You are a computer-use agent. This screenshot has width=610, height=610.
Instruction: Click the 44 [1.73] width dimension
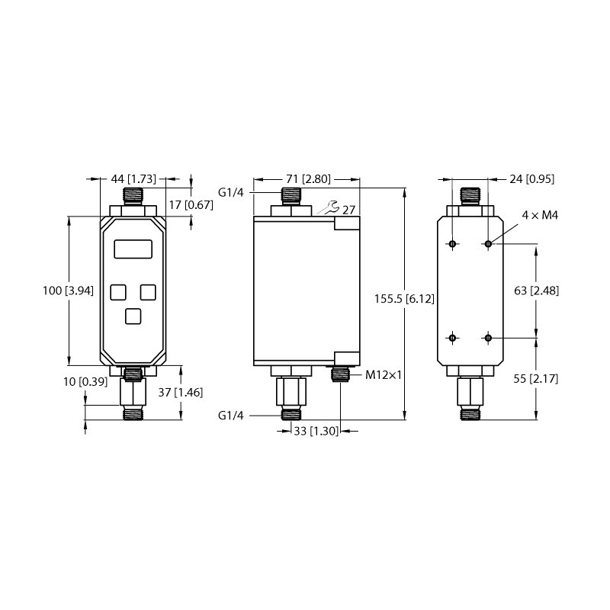133,179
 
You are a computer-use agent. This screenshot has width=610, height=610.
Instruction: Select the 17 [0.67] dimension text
191,204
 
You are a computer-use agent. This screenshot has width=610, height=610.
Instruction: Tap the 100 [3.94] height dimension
68,291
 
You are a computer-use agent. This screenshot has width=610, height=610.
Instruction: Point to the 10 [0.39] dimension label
85,382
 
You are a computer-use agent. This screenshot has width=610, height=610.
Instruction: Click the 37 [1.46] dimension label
181,392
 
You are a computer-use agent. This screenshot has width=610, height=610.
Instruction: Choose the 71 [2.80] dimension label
308,179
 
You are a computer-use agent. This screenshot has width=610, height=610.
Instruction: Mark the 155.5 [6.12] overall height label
404,299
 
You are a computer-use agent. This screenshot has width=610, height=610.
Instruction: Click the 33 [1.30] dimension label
316,431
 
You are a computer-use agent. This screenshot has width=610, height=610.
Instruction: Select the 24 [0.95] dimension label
531,179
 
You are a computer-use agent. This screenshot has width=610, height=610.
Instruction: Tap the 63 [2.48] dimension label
537,291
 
